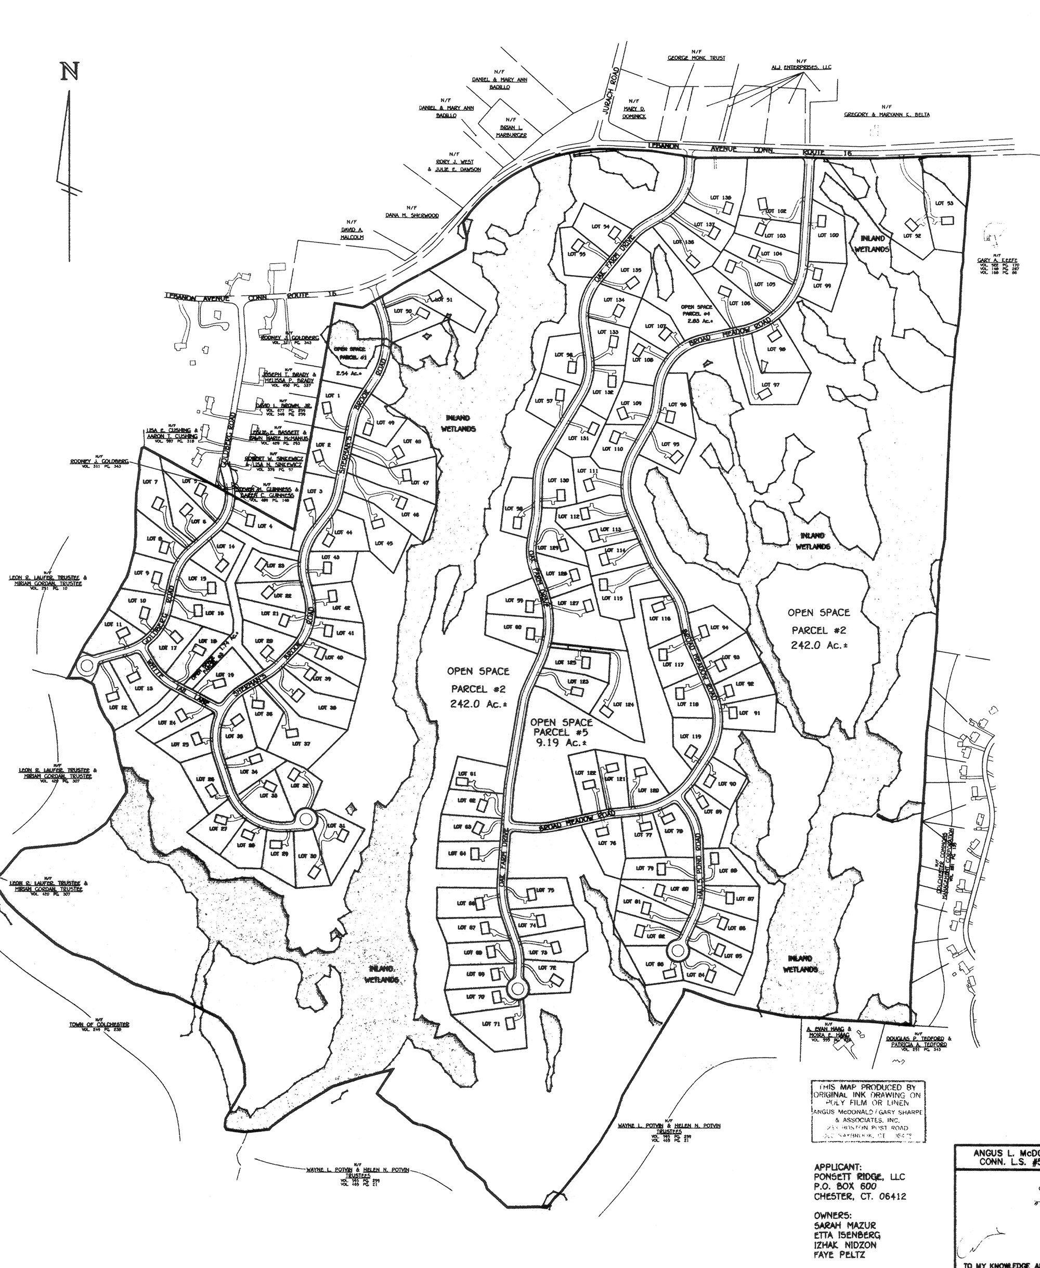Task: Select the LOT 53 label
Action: point(944,203)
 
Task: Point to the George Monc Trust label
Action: point(696,58)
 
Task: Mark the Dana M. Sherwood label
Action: point(412,215)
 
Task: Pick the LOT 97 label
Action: point(771,385)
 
